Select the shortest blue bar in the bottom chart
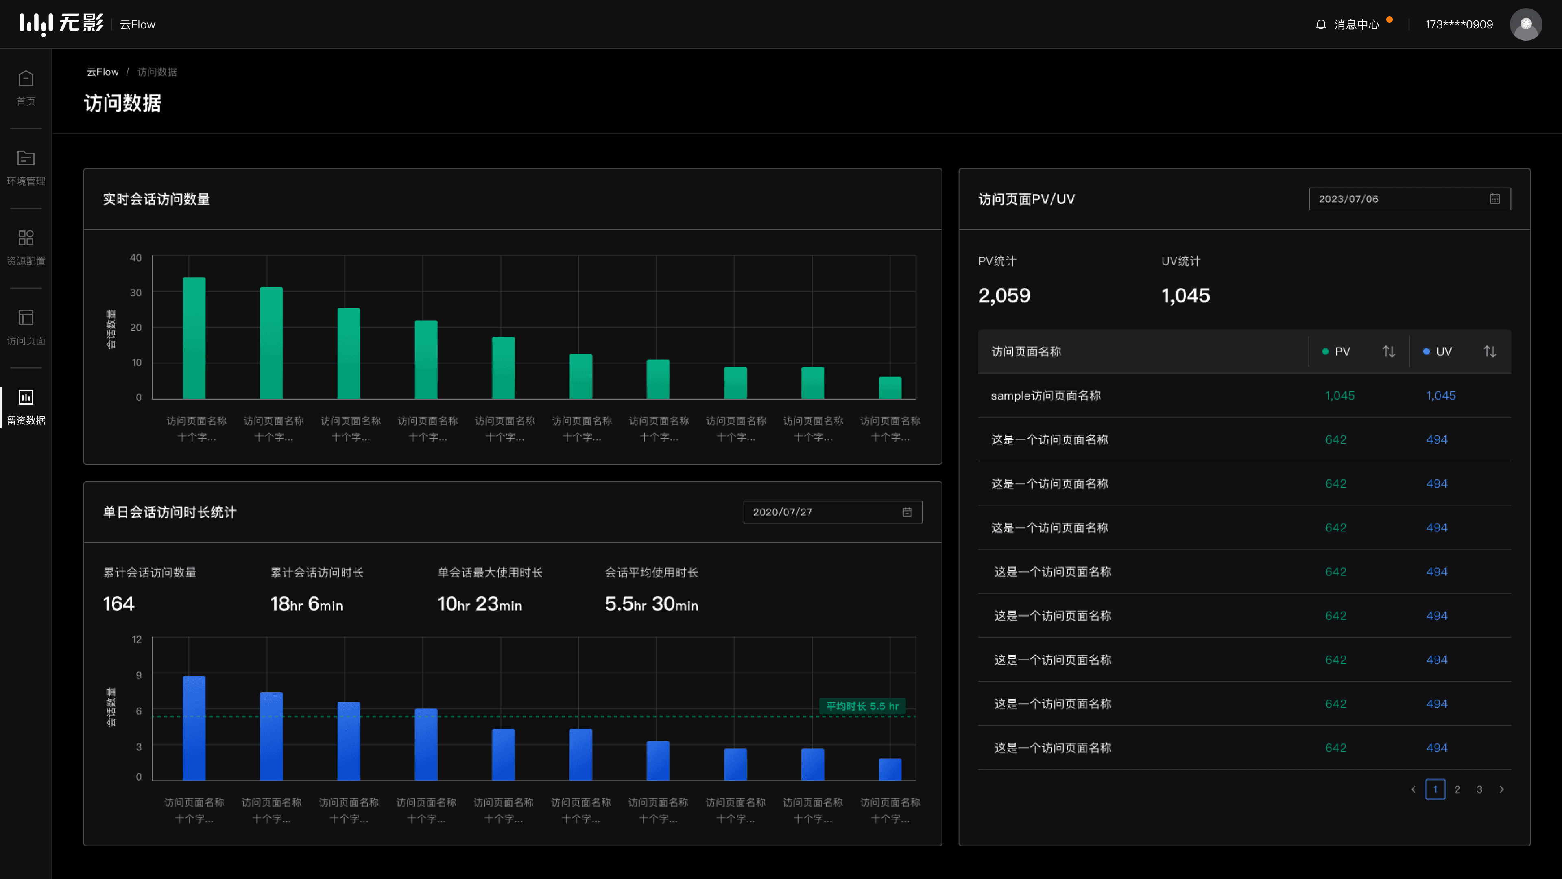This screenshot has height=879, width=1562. (x=890, y=769)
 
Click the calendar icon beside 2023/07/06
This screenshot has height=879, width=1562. (x=1495, y=199)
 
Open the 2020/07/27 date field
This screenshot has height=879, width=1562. (x=833, y=512)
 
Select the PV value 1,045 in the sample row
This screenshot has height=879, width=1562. (x=1339, y=396)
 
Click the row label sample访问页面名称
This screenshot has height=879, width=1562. (x=1045, y=396)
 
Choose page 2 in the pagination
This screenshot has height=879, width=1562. (x=1457, y=789)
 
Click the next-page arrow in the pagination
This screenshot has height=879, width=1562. (x=1501, y=789)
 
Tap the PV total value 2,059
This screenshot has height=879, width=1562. (x=1004, y=295)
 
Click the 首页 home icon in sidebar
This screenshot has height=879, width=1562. (x=26, y=78)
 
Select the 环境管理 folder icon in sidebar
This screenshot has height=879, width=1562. (x=26, y=158)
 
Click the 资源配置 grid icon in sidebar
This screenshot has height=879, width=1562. (x=26, y=238)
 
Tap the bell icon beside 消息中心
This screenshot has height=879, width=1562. (x=1321, y=24)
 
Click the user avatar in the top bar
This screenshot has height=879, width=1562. (x=1526, y=24)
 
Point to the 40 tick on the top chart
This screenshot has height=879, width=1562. (x=136, y=258)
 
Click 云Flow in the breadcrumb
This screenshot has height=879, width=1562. (x=103, y=72)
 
